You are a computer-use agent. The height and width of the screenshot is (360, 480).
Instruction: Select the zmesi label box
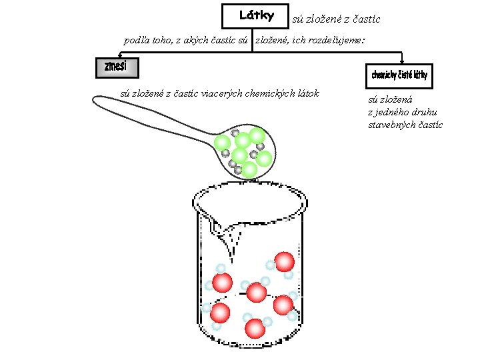[117, 67]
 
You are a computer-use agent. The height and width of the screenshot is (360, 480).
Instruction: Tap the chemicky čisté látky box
[399, 75]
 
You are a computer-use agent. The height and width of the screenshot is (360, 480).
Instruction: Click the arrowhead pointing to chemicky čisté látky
[402, 61]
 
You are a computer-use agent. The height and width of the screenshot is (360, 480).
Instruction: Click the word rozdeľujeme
[336, 41]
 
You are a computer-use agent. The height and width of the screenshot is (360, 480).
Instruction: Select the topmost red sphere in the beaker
[285, 261]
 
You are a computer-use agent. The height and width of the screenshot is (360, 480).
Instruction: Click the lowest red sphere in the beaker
[255, 327]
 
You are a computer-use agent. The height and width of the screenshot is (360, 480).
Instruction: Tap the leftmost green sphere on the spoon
[222, 143]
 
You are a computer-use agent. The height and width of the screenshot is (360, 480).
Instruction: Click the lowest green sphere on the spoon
[249, 169]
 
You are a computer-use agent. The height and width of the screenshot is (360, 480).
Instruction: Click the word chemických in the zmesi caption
[273, 93]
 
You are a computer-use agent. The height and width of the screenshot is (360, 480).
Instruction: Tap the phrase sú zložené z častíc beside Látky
[336, 19]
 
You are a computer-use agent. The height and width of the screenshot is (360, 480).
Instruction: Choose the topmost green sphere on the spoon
[257, 135]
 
